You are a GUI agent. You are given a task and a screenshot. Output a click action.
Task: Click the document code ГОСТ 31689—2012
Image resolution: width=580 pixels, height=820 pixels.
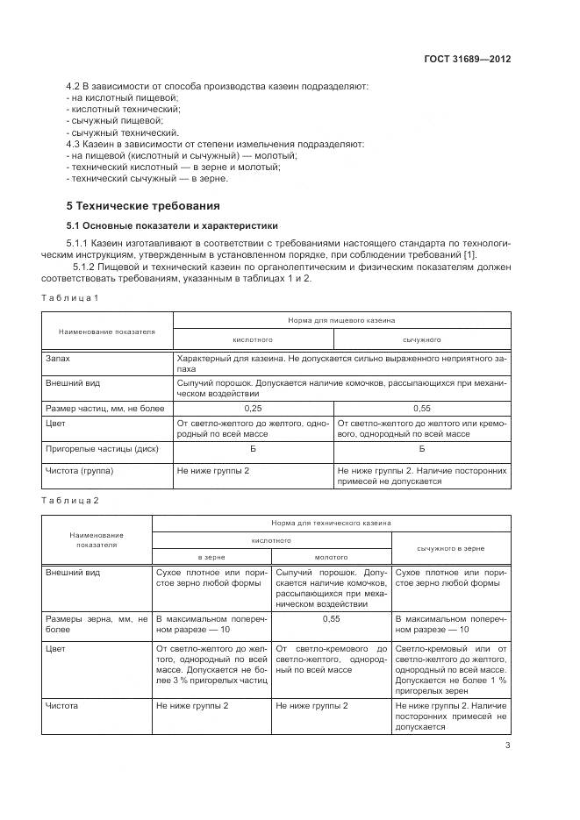click(x=467, y=60)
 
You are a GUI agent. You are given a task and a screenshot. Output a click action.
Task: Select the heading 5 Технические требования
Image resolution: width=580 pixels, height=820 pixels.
click(x=143, y=206)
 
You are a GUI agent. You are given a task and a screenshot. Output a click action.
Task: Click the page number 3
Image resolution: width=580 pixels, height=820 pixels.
click(x=508, y=745)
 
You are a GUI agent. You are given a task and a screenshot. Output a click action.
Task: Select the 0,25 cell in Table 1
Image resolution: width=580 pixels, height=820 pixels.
click(x=253, y=409)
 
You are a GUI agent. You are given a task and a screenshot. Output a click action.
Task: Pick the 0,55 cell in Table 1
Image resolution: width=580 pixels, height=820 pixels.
click(x=421, y=409)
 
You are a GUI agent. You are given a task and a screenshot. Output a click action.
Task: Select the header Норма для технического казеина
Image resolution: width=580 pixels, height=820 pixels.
click(x=331, y=523)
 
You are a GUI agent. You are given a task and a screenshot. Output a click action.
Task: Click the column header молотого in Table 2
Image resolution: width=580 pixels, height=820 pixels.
click(x=331, y=557)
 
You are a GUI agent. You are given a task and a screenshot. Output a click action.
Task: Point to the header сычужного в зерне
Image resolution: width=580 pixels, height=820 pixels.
click(x=450, y=548)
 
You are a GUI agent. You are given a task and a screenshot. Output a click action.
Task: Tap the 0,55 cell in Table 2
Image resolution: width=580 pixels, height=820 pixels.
click(x=331, y=618)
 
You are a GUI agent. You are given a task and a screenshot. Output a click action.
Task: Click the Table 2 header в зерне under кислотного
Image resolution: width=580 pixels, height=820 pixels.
click(x=211, y=557)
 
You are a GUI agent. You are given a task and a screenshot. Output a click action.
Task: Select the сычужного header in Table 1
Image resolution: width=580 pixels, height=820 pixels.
click(x=421, y=339)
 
